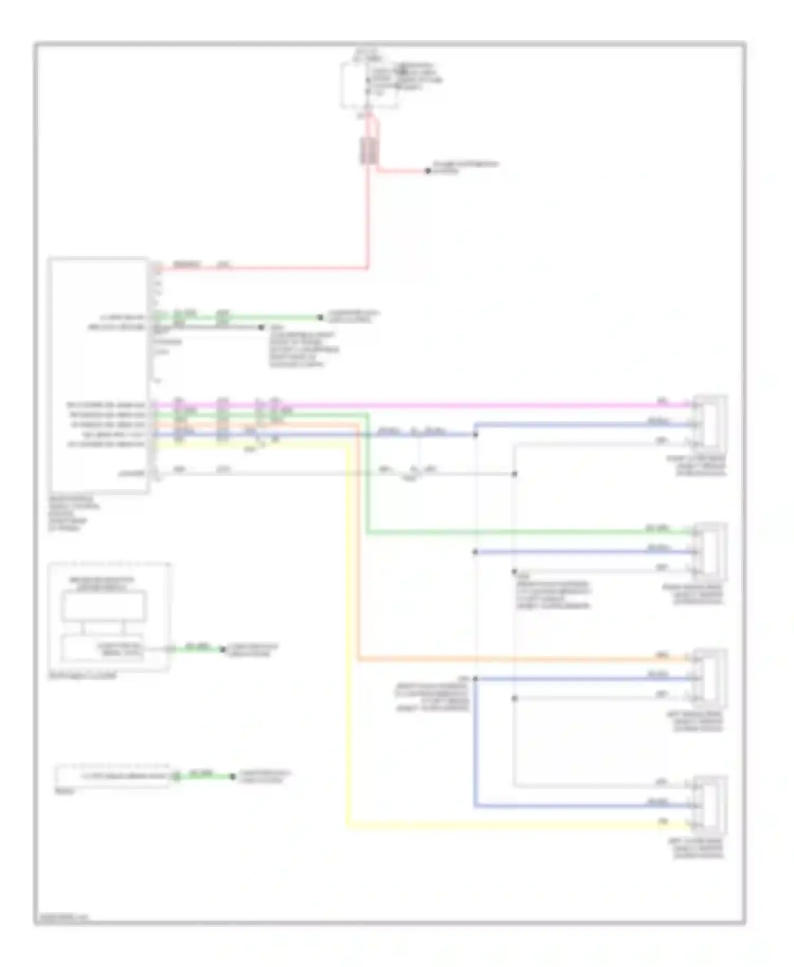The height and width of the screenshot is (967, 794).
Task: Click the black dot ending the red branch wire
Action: coord(428,171)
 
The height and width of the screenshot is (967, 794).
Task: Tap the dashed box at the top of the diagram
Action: coord(369,85)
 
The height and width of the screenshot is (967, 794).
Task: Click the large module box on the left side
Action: coord(99,376)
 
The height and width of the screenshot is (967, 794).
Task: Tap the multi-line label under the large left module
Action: coord(74,513)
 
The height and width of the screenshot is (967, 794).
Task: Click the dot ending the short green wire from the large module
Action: coord(320,317)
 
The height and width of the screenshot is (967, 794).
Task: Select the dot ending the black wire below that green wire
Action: coord(261,327)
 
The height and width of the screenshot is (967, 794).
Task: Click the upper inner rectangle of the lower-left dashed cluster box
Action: coord(104,606)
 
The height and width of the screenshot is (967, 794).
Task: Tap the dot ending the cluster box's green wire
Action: coord(222,649)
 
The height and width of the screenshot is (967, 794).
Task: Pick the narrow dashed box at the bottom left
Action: coord(112,776)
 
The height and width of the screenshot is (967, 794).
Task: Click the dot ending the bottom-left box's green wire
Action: coord(232,777)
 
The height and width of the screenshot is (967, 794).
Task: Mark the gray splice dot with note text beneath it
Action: coord(514,572)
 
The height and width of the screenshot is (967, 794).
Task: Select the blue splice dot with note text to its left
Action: coord(475,679)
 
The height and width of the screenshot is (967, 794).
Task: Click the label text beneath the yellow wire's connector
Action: coord(698,848)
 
